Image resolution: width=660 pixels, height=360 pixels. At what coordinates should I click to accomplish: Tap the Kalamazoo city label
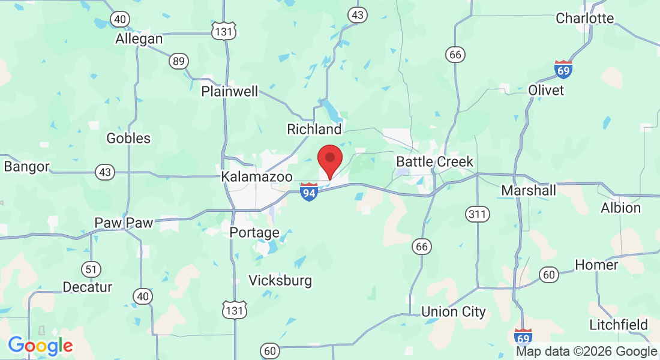(x=257, y=177)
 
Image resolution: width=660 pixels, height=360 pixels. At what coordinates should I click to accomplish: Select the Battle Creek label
(x=434, y=162)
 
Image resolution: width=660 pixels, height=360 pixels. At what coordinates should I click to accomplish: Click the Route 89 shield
(x=178, y=61)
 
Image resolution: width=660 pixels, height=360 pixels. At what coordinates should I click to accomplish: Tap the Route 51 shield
(x=92, y=269)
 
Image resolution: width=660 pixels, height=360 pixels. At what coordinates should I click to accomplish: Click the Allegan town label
(x=139, y=39)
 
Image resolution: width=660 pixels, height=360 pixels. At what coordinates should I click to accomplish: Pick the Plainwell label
(x=230, y=92)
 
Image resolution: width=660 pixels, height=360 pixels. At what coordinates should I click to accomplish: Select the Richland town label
(x=314, y=129)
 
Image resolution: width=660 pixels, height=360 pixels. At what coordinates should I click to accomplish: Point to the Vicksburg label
(x=280, y=280)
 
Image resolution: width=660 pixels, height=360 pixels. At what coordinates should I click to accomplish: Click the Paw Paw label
(x=124, y=223)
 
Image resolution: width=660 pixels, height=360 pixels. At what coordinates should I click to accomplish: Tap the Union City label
(x=453, y=312)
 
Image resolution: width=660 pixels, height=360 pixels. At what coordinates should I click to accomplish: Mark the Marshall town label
(x=529, y=191)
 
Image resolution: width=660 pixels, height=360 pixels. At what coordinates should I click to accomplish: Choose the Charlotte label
(x=585, y=18)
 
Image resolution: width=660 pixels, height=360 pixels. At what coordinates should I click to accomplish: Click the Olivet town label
(x=546, y=90)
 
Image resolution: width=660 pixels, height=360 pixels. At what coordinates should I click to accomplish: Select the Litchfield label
(x=619, y=325)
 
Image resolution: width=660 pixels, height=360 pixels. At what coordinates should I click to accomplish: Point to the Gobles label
(x=128, y=139)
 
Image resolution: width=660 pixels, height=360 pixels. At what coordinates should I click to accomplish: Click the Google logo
(x=40, y=346)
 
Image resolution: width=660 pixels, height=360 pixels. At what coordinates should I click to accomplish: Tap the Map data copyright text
(x=586, y=352)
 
